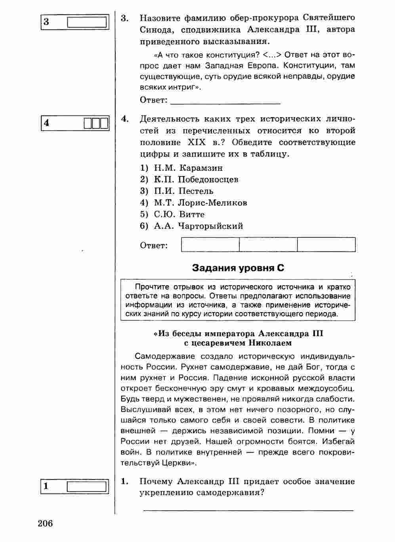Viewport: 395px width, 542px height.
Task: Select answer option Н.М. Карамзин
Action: (188, 168)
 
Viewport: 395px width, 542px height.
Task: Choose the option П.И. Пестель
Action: (183, 191)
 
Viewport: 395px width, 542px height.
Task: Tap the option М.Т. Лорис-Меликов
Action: (200, 203)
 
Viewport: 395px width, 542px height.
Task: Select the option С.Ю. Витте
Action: (179, 214)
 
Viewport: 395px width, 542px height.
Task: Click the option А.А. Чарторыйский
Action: (198, 226)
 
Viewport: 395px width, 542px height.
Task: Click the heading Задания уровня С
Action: (238, 268)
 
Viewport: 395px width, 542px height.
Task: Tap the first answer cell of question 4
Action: (210, 244)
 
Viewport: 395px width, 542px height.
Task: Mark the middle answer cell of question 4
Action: (268, 244)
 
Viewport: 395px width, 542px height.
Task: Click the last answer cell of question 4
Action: (326, 244)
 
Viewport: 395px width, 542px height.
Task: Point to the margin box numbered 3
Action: (74, 22)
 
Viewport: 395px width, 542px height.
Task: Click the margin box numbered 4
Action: (74, 123)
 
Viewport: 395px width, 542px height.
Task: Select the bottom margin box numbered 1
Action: (74, 486)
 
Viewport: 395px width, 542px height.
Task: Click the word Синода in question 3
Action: (155, 30)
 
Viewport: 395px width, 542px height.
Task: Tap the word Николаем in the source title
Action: (270, 343)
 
